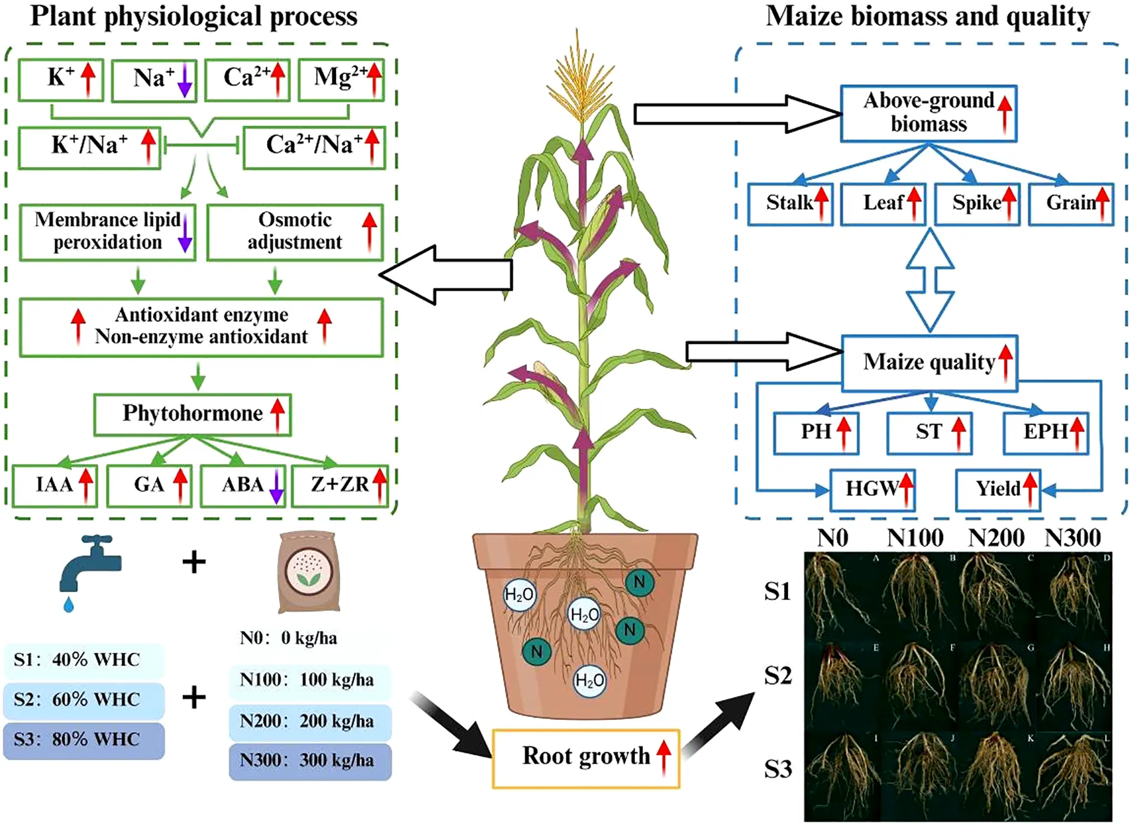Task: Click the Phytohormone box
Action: point(192,414)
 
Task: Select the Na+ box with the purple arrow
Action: point(154,80)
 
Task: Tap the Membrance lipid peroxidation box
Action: point(108,233)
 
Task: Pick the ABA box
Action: point(243,486)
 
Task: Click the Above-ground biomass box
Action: point(928,113)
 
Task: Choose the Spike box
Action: point(977,204)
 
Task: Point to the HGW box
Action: point(873,490)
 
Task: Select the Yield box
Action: point(998,490)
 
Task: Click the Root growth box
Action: point(586,758)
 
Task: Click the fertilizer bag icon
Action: point(309,572)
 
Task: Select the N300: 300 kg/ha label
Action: point(310,761)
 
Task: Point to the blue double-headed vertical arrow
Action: point(930,279)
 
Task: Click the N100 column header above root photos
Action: point(915,538)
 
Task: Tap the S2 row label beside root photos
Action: point(778,677)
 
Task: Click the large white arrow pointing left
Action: point(446,275)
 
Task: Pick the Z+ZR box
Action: point(340,486)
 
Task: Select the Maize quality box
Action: point(930,363)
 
